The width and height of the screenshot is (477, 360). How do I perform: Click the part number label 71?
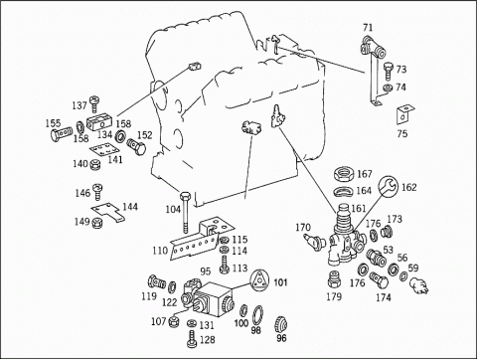point(368,27)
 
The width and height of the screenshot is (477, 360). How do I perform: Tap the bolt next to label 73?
point(389,72)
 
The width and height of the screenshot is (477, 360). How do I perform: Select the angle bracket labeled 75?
point(405,114)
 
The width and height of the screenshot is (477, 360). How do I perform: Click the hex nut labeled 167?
point(343,174)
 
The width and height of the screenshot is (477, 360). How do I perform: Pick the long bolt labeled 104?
point(184,212)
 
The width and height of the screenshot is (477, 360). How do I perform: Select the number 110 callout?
point(160,251)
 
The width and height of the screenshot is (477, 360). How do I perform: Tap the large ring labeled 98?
point(257,315)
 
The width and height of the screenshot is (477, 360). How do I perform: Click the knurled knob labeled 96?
point(281,325)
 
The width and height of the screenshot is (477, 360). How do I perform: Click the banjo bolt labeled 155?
point(62,133)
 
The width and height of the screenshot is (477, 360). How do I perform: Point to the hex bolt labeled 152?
point(136,147)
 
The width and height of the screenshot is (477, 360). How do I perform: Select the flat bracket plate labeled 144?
point(108,213)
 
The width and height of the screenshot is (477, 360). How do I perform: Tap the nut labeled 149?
point(97,223)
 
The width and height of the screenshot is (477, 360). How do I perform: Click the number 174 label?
point(384,297)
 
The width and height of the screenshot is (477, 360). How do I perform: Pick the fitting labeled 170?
point(312,240)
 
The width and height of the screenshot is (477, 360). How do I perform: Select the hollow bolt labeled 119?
point(156,281)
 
